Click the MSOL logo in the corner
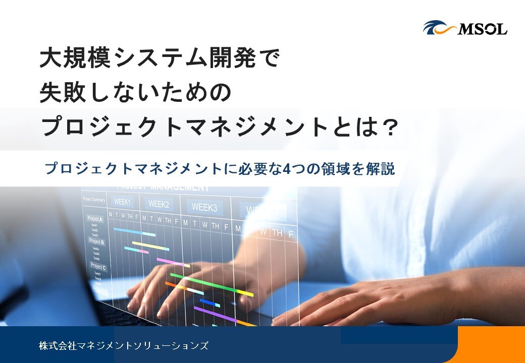[464, 28]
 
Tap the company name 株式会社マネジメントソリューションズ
[123, 346]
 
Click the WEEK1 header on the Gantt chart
[122, 202]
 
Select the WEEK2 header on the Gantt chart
[159, 204]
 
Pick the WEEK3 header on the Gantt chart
[204, 207]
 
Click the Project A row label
[95, 219]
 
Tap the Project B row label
[96, 241]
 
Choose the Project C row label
[97, 266]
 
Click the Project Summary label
[94, 200]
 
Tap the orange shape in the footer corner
[490, 345]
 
